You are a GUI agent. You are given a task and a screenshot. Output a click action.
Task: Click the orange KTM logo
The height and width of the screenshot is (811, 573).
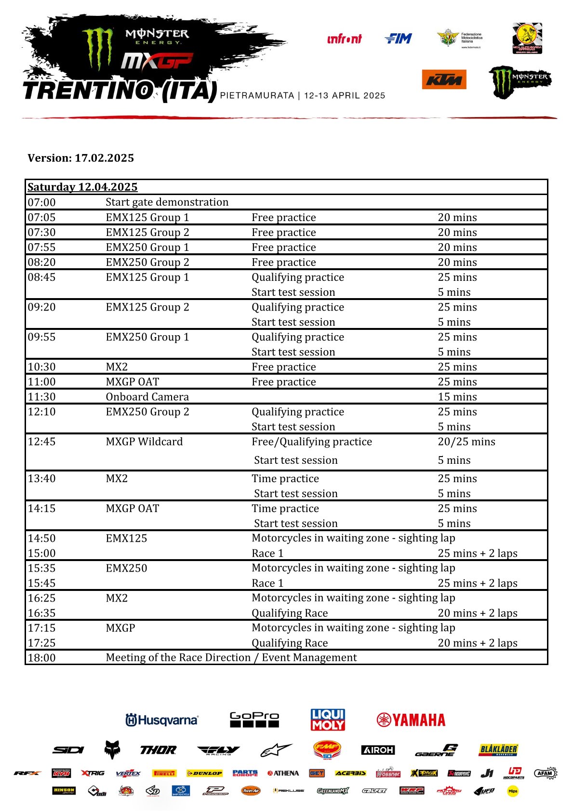444,79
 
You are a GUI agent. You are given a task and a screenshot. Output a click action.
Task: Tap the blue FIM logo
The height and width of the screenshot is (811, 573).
399,39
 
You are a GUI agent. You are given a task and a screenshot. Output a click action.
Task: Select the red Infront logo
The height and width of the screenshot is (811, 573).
344,39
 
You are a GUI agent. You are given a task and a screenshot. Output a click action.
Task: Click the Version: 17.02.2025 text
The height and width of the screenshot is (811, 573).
80,158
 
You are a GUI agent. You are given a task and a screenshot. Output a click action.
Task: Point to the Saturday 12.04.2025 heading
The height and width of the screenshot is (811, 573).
82,187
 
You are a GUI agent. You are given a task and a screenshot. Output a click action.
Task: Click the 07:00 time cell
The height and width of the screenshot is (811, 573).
41,202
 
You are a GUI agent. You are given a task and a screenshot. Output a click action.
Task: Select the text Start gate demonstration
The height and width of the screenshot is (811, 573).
167,202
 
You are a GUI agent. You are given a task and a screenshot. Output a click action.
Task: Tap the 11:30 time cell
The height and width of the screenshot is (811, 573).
41,397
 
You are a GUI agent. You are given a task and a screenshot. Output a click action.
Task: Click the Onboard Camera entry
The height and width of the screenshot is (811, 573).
147,397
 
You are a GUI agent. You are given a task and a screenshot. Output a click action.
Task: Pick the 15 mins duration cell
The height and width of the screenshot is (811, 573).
457,397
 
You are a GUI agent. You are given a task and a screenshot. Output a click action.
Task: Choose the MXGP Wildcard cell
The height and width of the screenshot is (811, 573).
144,442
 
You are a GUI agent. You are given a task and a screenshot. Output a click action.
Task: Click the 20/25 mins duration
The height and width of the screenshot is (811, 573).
466,442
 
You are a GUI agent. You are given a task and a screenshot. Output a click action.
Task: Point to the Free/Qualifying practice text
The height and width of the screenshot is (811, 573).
311,442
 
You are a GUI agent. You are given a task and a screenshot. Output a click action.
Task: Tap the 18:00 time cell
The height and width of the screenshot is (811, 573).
41,658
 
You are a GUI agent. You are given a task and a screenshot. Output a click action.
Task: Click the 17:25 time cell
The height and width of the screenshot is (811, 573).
41,643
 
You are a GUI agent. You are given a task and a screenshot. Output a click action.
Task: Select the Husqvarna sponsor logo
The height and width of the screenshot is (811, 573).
161,720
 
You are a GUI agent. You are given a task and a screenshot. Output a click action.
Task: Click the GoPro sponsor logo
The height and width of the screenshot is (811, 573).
254,719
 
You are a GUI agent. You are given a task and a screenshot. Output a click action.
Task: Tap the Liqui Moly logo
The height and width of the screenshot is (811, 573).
328,719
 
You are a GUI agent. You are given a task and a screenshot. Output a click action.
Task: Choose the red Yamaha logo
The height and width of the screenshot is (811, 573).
411,720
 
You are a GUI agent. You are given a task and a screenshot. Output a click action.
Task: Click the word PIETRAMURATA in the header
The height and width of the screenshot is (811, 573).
257,95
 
